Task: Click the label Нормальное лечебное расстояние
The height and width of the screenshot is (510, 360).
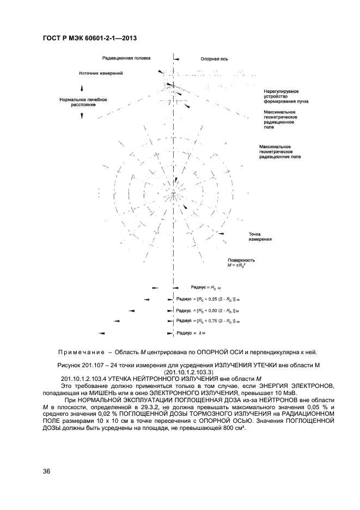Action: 83,102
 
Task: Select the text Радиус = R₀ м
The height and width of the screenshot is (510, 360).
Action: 206,286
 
